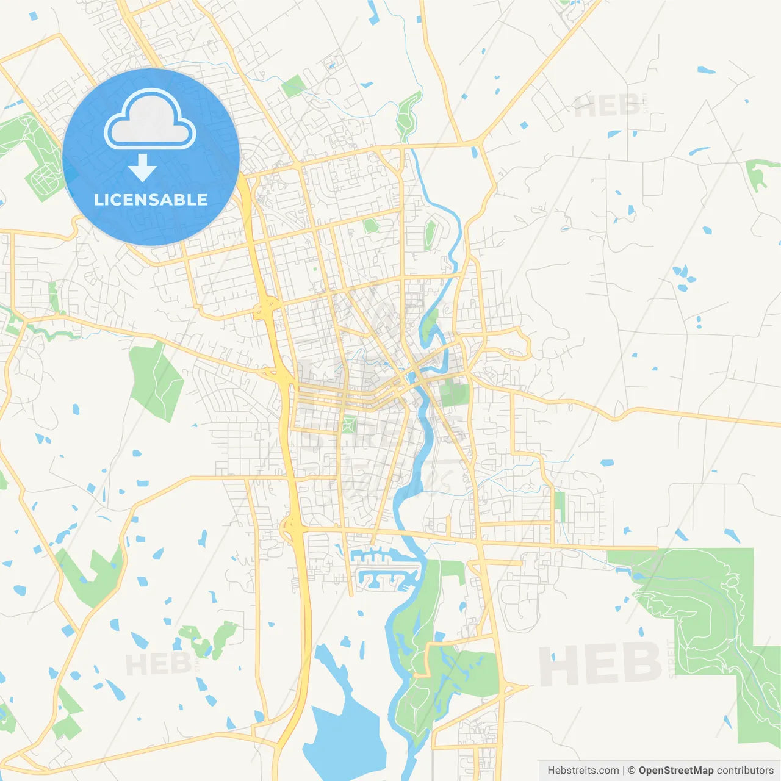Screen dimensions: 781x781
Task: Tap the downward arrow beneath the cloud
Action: pos(142,168)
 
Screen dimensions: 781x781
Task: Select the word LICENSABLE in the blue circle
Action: pos(151,200)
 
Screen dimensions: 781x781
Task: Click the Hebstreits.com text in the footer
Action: pos(583,771)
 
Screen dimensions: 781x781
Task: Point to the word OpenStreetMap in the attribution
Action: pos(675,771)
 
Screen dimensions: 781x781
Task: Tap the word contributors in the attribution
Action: pos(745,771)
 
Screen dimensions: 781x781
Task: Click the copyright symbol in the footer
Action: pos(632,771)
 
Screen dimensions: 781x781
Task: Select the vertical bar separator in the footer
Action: pos(623,771)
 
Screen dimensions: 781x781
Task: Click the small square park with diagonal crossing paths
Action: pos(348,424)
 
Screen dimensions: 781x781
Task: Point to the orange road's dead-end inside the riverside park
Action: pos(416,675)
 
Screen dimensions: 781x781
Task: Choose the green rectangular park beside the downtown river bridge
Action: pos(453,393)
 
